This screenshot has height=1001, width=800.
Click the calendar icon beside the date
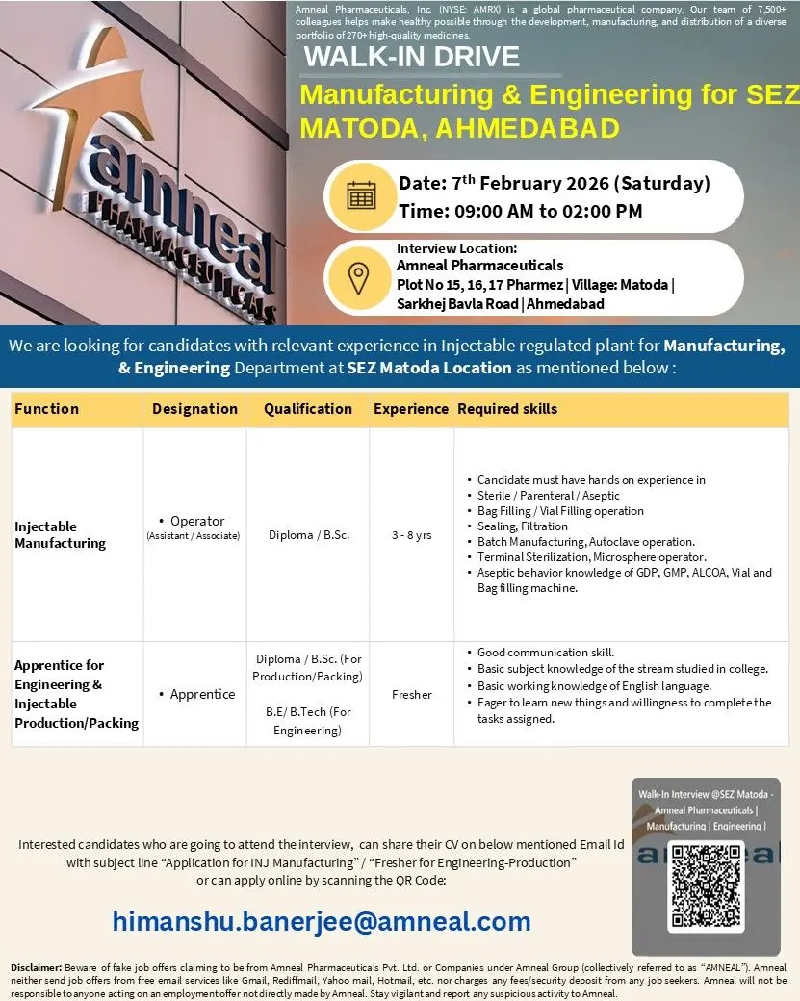tap(360, 195)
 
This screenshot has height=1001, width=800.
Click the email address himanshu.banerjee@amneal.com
tap(322, 921)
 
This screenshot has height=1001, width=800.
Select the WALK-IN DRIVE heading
tap(411, 57)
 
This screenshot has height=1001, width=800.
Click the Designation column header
tap(194, 408)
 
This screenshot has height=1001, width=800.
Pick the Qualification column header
tap(308, 408)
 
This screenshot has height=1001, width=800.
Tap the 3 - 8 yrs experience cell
tap(411, 535)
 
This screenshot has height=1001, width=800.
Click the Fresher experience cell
tap(411, 694)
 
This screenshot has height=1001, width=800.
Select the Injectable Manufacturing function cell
tap(60, 534)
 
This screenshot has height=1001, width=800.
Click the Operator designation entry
tap(196, 521)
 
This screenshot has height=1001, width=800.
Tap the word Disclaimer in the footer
tap(37, 966)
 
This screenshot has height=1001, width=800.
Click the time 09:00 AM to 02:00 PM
tap(520, 211)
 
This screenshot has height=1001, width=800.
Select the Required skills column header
tap(507, 408)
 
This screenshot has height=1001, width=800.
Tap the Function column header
tap(46, 408)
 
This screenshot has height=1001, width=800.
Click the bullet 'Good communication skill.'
tap(546, 653)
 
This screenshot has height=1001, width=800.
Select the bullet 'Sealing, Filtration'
tap(523, 526)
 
